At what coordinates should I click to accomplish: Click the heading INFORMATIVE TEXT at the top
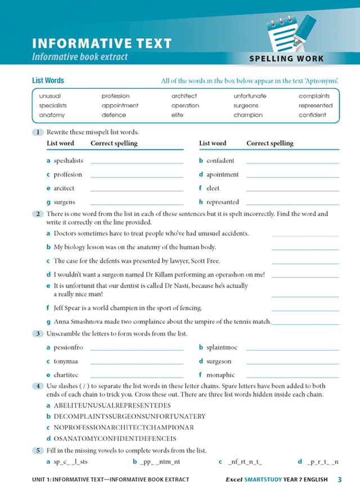coord(102,43)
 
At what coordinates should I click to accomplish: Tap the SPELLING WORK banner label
coord(286,59)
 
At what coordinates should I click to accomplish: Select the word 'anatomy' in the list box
coord(52,115)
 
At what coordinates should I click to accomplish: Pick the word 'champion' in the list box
coord(247,115)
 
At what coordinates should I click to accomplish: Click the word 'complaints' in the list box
coord(314,96)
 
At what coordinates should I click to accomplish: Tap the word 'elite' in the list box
coord(178,115)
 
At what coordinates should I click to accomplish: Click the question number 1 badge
coord(37,132)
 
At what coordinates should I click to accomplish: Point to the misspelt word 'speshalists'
coord(68,161)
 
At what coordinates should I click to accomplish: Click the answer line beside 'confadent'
coord(292,163)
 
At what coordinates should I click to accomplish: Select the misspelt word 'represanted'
coord(223,202)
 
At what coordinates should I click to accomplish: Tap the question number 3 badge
coord(37,334)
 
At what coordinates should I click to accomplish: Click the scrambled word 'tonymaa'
coord(65,361)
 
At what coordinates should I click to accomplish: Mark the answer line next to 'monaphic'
coord(292,376)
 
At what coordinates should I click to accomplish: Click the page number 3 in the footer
coord(340,479)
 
